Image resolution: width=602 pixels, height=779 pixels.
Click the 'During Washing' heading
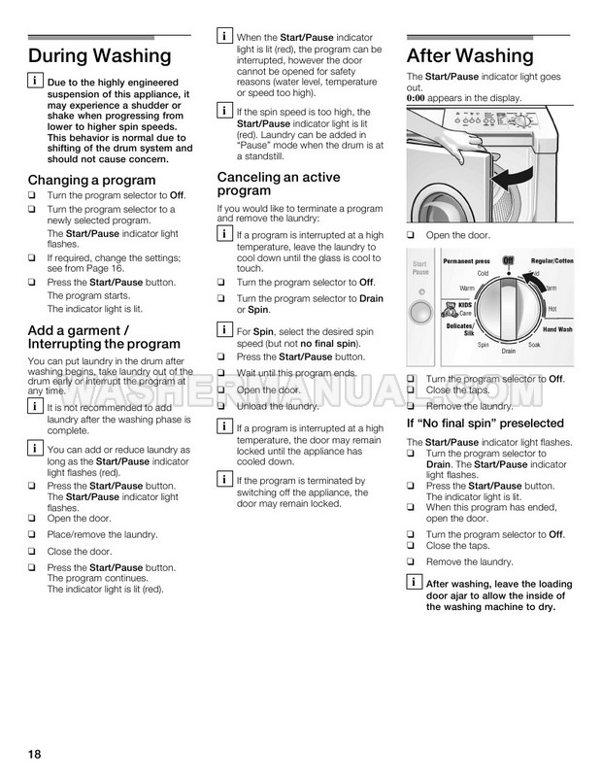[100, 56]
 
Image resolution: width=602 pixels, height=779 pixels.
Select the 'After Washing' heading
[469, 55]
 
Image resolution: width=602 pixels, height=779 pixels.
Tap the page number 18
[34, 755]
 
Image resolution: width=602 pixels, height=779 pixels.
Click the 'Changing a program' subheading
[92, 181]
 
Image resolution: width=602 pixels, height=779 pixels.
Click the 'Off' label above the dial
[507, 260]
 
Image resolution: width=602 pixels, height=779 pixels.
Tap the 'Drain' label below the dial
[508, 351]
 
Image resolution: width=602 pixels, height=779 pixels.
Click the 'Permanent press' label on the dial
[468, 262]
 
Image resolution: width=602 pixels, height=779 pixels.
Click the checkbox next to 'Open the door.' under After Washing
[411, 236]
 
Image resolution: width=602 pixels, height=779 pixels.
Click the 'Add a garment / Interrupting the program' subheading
[104, 336]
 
